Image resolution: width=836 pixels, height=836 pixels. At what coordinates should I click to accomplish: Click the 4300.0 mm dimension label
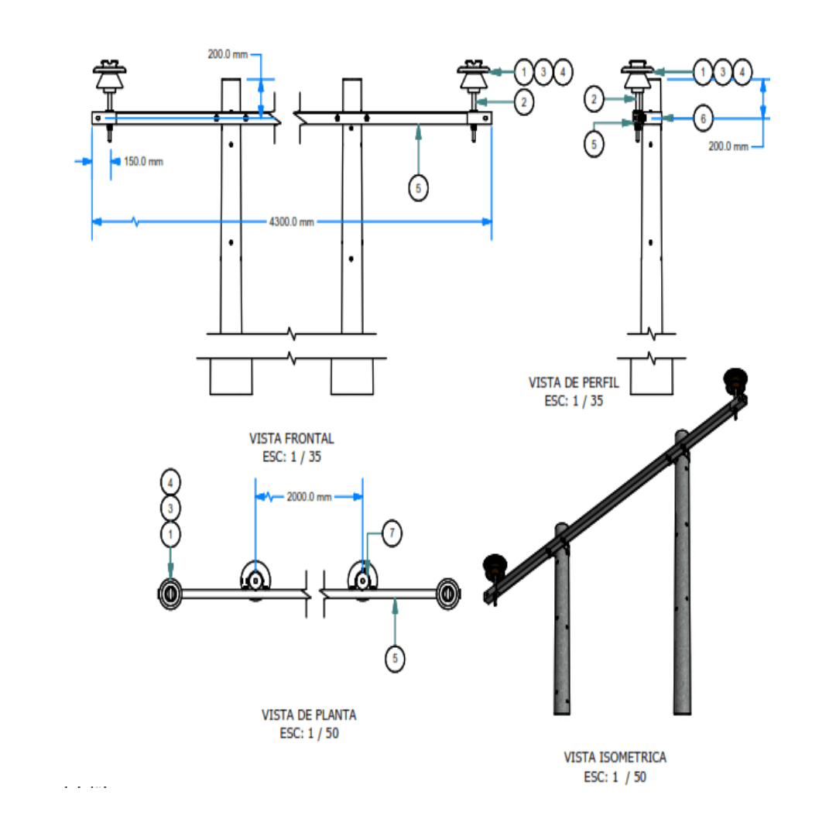point(292,222)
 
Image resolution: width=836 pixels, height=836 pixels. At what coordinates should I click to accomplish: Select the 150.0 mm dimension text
point(143,162)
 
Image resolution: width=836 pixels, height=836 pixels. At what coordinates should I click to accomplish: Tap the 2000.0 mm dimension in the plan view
point(309,497)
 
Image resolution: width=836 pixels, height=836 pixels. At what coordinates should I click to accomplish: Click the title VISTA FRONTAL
point(292,438)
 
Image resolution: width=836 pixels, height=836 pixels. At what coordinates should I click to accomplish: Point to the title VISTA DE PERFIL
point(567,382)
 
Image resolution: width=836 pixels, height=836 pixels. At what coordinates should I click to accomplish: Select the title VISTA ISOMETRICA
point(615,757)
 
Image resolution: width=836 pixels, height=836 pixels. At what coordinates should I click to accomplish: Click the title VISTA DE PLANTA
point(309,715)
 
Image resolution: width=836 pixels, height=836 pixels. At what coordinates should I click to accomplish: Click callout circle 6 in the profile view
point(703,118)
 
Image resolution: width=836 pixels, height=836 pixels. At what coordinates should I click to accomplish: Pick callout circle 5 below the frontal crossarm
point(418,188)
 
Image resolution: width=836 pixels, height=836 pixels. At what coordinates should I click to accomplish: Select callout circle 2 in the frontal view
point(523,101)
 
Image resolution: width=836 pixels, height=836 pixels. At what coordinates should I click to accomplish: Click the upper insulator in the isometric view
point(735,380)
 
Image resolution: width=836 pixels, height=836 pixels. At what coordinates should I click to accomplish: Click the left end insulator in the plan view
point(170,594)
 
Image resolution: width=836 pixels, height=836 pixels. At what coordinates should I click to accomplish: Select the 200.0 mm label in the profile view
point(728,146)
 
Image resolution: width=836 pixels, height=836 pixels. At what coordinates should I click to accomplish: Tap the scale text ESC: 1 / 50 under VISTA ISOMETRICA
point(615,776)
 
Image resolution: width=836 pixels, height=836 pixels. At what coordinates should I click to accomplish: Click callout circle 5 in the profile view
point(594,145)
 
